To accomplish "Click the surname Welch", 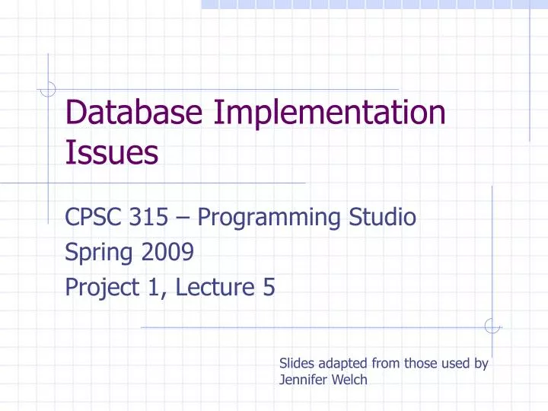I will (x=349, y=380).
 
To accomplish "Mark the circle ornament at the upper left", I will (x=47, y=90).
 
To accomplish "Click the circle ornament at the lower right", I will (x=492, y=326).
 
